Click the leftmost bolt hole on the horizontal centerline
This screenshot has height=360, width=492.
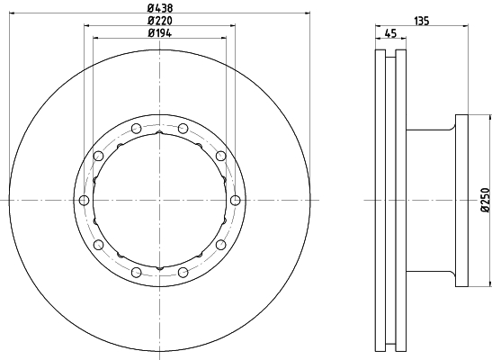pyautogui.click(x=84, y=200)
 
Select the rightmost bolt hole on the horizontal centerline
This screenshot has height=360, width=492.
pyautogui.click(x=235, y=200)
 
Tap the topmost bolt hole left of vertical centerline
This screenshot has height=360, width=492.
pyautogui.click(x=136, y=128)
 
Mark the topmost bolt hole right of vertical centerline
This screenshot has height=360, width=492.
pyautogui.click(x=183, y=128)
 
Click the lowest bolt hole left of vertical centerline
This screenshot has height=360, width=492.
pyautogui.click(x=136, y=271)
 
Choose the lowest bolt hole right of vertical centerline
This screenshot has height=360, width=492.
pyautogui.click(x=183, y=271)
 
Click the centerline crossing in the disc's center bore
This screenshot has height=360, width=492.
pyautogui.click(x=159, y=200)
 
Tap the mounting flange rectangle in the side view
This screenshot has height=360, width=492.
pyautogui.click(x=462, y=200)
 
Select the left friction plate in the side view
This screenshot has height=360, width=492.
pyautogui.click(x=378, y=200)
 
